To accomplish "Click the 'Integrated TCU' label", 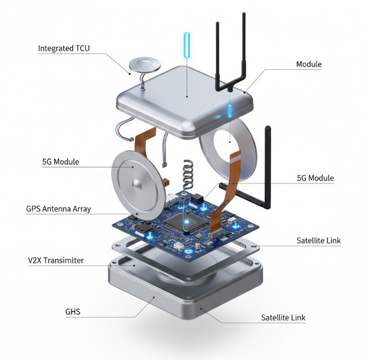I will tap(64, 49).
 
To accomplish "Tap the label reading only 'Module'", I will tap(309, 64).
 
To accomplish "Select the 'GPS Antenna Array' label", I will tap(58, 209).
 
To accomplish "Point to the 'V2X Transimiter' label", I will tap(55, 260).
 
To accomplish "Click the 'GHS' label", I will tap(72, 313).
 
